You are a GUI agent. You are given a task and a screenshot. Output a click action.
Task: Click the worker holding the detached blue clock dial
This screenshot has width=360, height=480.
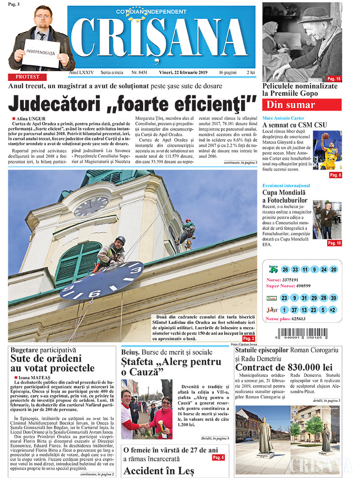tap(111, 252)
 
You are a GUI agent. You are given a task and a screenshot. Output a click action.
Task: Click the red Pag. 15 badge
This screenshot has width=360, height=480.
tap(333, 79)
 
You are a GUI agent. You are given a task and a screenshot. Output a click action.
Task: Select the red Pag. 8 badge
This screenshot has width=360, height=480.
tap(335, 175)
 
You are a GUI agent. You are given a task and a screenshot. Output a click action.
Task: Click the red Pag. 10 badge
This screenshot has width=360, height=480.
tap(334, 243)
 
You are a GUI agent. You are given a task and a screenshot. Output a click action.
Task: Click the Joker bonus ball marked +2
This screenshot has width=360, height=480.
tap(333, 310)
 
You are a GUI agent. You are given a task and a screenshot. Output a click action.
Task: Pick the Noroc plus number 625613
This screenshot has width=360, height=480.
tap(295, 319)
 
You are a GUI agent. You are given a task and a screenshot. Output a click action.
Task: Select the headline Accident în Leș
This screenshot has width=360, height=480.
tap(158, 471)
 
